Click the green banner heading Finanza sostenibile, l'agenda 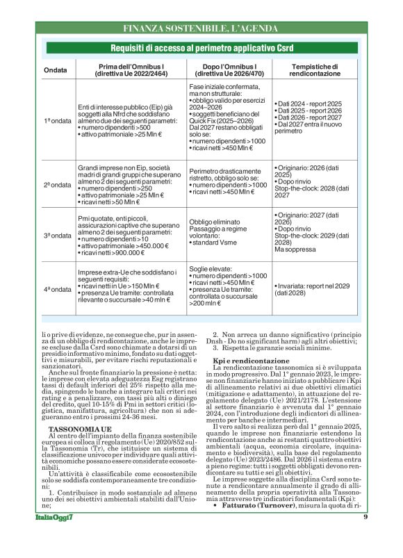pyautogui.click(x=201, y=28)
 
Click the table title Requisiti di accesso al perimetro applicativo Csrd pyautogui.click(x=201, y=47)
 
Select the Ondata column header pyautogui.click(x=56, y=71)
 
